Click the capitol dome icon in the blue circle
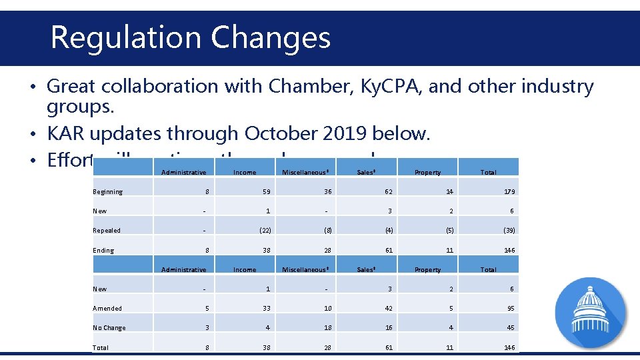[x=591, y=310]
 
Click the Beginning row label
[x=108, y=192]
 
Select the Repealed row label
[x=107, y=231]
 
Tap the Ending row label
[x=103, y=251]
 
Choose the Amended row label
[x=107, y=309]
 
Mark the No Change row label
[x=109, y=328]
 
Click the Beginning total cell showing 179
[x=509, y=192]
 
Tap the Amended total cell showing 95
[x=511, y=309]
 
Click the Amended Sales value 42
[x=389, y=309]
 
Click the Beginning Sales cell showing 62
[x=389, y=192]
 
